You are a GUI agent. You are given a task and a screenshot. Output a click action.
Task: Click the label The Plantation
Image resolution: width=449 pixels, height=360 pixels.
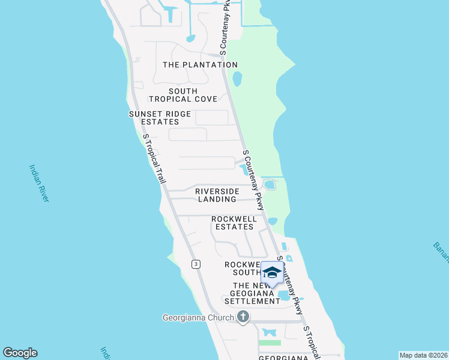click(200, 65)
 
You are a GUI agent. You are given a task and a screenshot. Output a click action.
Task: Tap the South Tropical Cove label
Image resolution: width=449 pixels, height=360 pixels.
click(173, 95)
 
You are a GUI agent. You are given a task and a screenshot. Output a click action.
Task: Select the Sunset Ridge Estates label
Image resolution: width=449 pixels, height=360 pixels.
click(160, 118)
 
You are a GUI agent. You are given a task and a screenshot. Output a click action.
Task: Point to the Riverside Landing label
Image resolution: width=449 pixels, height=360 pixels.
click(217, 195)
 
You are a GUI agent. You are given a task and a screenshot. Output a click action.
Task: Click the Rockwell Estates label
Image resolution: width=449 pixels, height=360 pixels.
click(234, 223)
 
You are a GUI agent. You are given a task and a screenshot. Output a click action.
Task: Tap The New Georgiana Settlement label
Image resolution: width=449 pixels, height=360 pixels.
click(256, 293)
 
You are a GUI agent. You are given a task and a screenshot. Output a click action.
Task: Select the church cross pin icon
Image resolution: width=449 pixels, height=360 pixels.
click(243, 317)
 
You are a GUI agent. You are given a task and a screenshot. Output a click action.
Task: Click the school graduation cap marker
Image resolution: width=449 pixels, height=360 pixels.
click(272, 273)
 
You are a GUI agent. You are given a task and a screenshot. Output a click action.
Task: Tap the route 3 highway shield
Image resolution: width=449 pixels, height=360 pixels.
click(196, 264)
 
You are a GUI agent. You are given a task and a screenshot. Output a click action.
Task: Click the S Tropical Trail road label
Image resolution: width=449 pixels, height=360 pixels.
click(154, 158)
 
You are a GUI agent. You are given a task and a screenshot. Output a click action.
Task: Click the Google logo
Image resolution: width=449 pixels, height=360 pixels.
click(20, 353)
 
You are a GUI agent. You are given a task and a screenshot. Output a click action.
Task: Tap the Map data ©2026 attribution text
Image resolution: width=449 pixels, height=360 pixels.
click(423, 355)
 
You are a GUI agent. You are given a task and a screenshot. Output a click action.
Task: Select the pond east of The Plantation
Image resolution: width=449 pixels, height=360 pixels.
click(237, 79)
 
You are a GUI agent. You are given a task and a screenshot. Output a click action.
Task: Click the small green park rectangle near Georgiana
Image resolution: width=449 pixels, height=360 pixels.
click(270, 343)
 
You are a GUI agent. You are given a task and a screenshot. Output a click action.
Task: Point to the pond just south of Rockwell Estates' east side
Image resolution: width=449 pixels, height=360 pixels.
click(273, 221)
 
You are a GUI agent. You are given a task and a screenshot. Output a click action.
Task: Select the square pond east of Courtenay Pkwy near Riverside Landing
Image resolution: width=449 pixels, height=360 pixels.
click(270, 184)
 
